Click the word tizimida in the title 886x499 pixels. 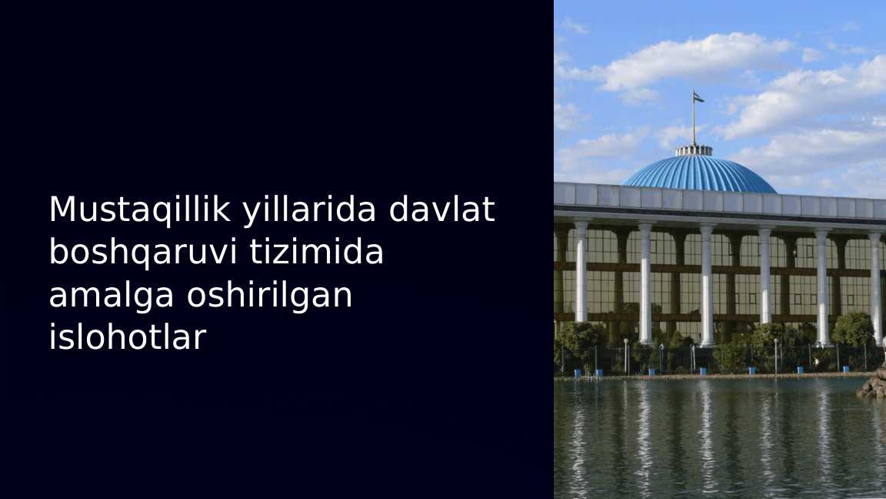point(317,252)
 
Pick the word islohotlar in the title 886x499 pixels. point(127,337)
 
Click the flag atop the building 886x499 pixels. point(698,97)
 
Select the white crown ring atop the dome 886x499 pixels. point(694,150)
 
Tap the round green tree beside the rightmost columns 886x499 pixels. point(853,330)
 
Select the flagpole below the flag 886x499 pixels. point(694,123)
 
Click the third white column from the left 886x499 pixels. point(707,285)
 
